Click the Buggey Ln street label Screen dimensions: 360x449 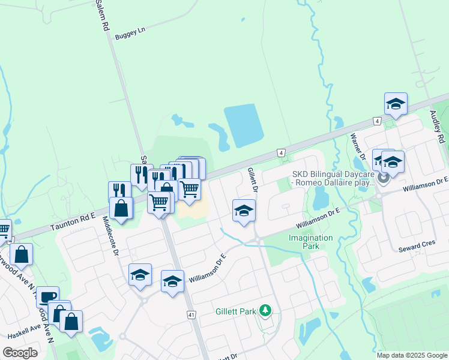tap(133, 31)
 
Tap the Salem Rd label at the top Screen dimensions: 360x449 tap(102, 16)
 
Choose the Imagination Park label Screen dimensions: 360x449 tap(310, 242)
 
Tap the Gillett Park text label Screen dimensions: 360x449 tap(235, 311)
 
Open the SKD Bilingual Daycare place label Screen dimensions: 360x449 tap(333, 178)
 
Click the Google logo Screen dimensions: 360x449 tap(20, 352)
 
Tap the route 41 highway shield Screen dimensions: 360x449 tap(191, 314)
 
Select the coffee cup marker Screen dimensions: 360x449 tap(48, 296)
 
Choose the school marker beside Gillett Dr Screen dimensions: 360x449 tap(244, 211)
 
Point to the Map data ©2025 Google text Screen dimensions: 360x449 tap(411, 355)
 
